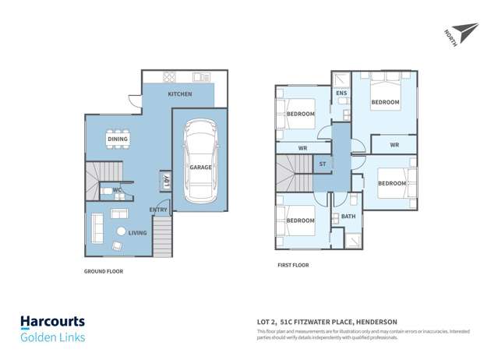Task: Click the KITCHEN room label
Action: click(x=179, y=94)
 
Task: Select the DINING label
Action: click(x=118, y=140)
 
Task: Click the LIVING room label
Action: click(x=138, y=232)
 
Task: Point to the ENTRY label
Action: click(x=158, y=210)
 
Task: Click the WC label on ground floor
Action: click(x=115, y=190)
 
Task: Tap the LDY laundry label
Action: click(x=167, y=181)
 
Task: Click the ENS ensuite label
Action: click(x=341, y=94)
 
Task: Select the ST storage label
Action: click(x=323, y=164)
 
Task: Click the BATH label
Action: click(x=348, y=217)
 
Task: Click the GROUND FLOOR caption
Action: click(x=104, y=272)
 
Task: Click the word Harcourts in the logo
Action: click(x=52, y=322)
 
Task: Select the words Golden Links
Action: click(x=52, y=337)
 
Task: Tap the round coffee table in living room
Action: click(x=121, y=231)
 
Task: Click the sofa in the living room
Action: click(x=97, y=228)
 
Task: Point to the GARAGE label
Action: click(x=200, y=168)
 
